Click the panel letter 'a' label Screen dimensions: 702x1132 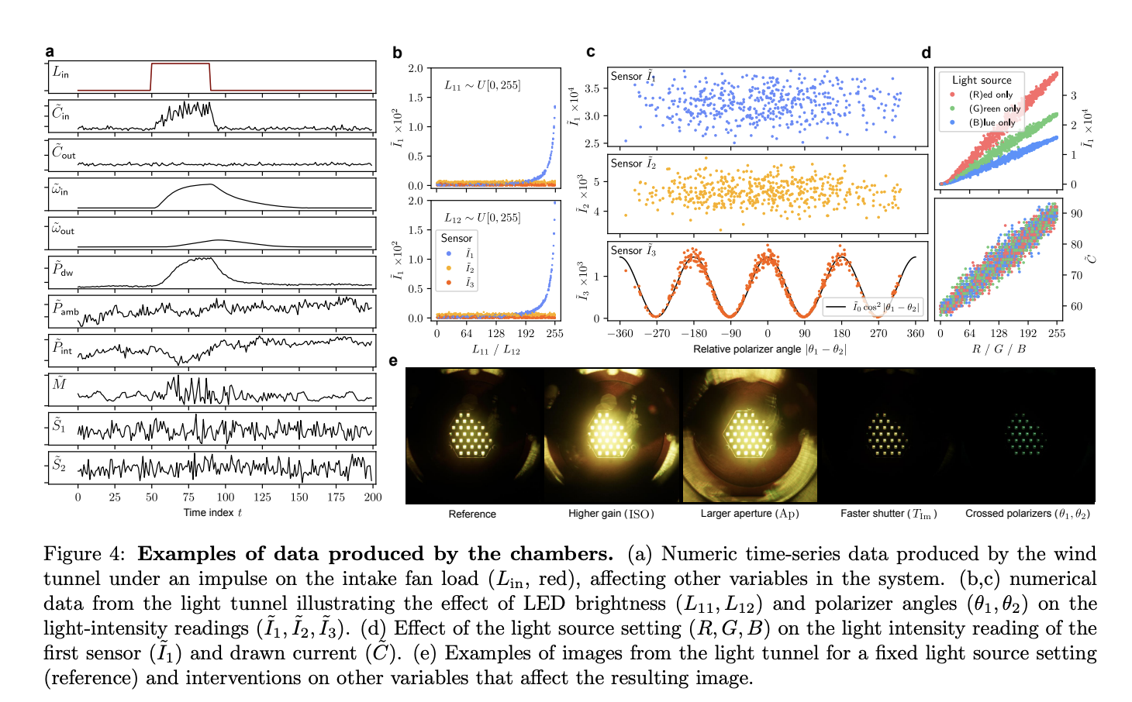[x=50, y=52]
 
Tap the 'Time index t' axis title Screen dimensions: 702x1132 [x=212, y=512]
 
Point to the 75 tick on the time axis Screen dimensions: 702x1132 [x=188, y=497]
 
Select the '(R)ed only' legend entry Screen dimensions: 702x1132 [x=990, y=95]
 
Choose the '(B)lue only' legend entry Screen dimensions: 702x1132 [x=991, y=122]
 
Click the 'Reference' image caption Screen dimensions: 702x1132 [x=472, y=514]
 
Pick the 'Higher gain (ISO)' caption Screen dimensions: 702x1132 [x=611, y=514]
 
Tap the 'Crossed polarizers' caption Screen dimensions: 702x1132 [x=1027, y=514]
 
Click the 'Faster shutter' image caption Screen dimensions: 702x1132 [x=889, y=514]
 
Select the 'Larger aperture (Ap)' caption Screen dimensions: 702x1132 [x=749, y=514]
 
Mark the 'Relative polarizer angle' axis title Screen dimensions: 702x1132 [x=769, y=349]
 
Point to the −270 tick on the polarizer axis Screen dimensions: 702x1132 [x=657, y=333]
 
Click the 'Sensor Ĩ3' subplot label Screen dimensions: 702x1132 [x=633, y=251]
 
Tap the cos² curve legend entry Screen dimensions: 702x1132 [x=873, y=307]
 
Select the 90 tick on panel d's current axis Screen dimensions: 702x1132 [x=1076, y=213]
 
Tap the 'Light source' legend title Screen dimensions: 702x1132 [x=982, y=80]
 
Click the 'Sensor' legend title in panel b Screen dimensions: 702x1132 [x=457, y=238]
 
